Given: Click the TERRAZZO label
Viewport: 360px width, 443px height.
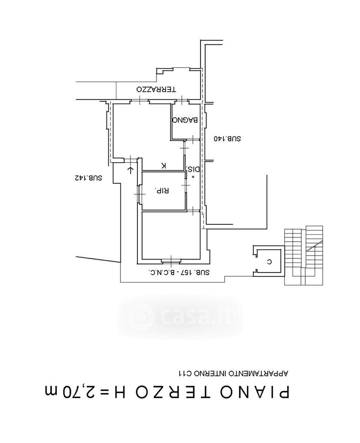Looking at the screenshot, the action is pos(156,89).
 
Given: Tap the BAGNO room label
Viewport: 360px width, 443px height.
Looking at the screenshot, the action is pos(185,120).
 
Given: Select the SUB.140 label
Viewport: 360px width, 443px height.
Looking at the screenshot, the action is pos(227,139).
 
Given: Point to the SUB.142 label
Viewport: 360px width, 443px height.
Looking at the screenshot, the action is pos(88,178).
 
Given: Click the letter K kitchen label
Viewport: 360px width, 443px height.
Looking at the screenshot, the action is pos(163,166).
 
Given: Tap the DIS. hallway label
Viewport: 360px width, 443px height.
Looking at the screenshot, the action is pos(193,170).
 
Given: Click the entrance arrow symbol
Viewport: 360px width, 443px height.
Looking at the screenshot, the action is pos(130,170).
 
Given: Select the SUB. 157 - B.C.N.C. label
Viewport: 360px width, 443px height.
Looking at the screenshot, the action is pos(179,273).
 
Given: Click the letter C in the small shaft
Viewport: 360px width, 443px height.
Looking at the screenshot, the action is pos(269,262).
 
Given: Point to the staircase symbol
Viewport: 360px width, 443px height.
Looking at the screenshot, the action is pos(304,255).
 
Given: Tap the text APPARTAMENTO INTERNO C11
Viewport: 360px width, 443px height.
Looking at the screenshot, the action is pos(233,373).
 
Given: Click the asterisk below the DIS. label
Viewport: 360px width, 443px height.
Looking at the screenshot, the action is pos(193,177).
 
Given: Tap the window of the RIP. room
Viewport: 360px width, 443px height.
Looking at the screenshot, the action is pos(139,194).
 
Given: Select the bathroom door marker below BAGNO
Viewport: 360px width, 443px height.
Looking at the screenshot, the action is pos(193,139).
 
